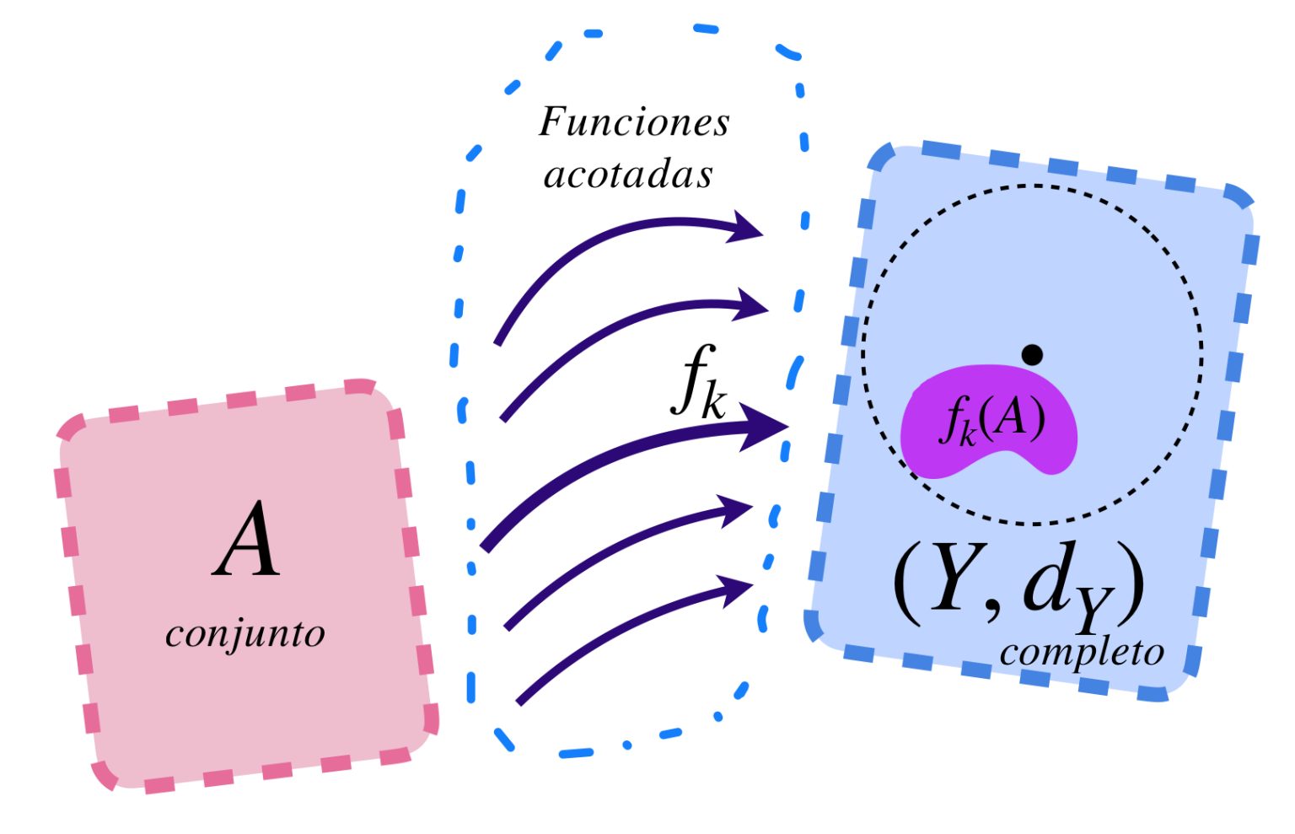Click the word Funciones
pyautogui.click(x=634, y=122)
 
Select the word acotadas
pyautogui.click(x=628, y=175)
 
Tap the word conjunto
pyautogui.click(x=244, y=633)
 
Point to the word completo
pyautogui.click(x=1082, y=652)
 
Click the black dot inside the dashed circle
pyautogui.click(x=1032, y=355)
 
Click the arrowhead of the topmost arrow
pyautogui.click(x=747, y=228)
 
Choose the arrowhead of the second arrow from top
pyautogui.click(x=751, y=305)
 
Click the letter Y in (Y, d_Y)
pyautogui.click(x=950, y=580)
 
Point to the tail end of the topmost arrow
pyautogui.click(x=498, y=342)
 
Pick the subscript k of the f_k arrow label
pyautogui.click(x=712, y=403)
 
